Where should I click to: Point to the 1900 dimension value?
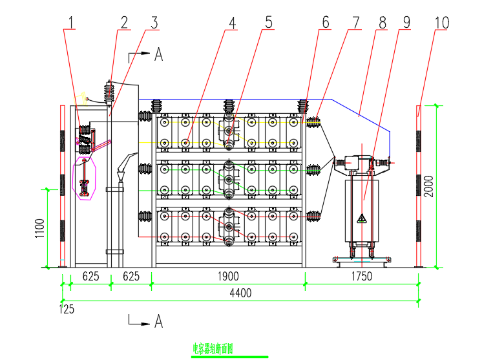pos(227,277)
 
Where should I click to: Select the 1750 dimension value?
pos(362,277)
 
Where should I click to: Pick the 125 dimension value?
pos(67,309)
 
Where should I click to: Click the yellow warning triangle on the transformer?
pos(362,218)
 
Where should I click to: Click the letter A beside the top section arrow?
pos(158,55)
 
